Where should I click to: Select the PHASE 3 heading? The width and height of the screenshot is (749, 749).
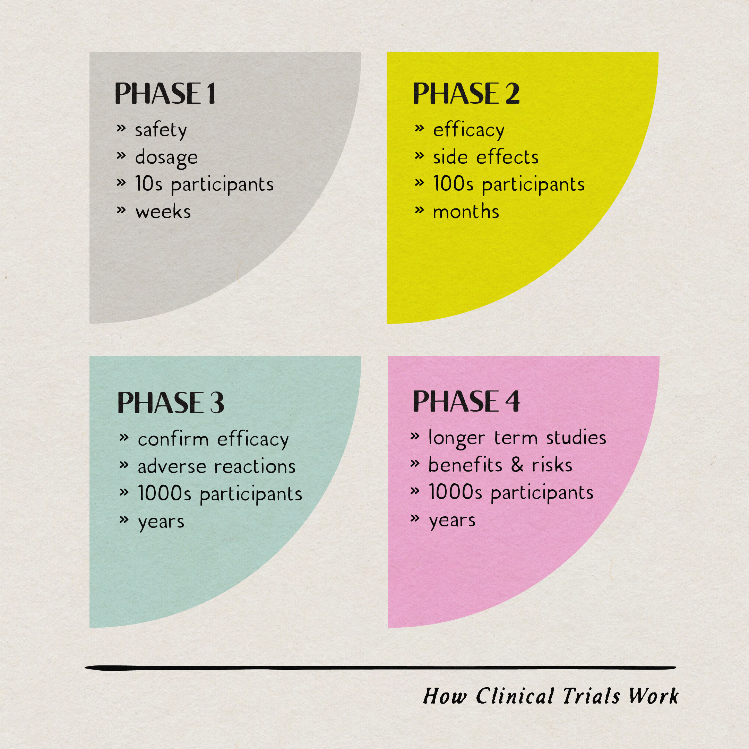pos(171,402)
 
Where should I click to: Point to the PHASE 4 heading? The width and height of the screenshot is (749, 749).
pos(466,401)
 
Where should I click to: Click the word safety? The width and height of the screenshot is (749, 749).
pos(161,130)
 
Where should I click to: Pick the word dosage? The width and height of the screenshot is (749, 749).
pos(166,157)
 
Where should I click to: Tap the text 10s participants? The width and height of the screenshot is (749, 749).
pos(204,184)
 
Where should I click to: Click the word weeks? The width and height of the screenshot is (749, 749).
pos(163,212)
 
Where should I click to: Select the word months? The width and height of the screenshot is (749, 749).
pos(466,212)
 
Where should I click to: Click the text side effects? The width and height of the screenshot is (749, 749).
pos(486,157)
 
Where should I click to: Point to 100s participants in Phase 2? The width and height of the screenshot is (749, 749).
pos(509,184)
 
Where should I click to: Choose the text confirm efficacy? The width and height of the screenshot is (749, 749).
pos(213,440)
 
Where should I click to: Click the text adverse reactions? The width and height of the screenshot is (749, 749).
pos(216,466)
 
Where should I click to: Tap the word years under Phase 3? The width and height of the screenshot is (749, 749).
pos(161,522)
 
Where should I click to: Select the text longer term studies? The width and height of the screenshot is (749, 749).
pos(517,438)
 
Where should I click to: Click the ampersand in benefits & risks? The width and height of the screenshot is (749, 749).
pos(517,465)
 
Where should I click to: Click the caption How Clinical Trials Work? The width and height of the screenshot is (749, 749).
pos(551,696)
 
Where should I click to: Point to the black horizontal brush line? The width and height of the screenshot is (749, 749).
pos(380,668)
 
